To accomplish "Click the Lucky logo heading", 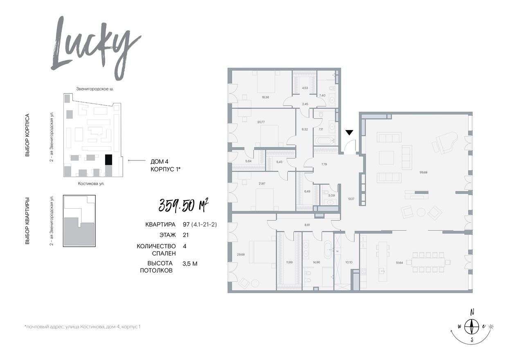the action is point(95,48).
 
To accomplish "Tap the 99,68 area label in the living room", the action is point(423,172).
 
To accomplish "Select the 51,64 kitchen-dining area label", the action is point(399,263).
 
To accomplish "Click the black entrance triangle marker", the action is point(349,133).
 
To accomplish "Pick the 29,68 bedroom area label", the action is point(241,254).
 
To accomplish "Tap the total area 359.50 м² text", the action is point(183,205).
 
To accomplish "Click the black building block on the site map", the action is point(108,160).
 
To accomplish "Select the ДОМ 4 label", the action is point(159,162).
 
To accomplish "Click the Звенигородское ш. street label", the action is point(95,89).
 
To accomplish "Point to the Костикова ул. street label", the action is point(91,184).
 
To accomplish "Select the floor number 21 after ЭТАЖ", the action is point(186,235).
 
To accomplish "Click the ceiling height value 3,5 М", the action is point(190,264).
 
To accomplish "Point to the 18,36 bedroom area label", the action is point(265,97).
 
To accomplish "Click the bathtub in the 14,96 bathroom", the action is point(328,250).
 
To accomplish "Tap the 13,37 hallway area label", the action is point(351,199).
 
